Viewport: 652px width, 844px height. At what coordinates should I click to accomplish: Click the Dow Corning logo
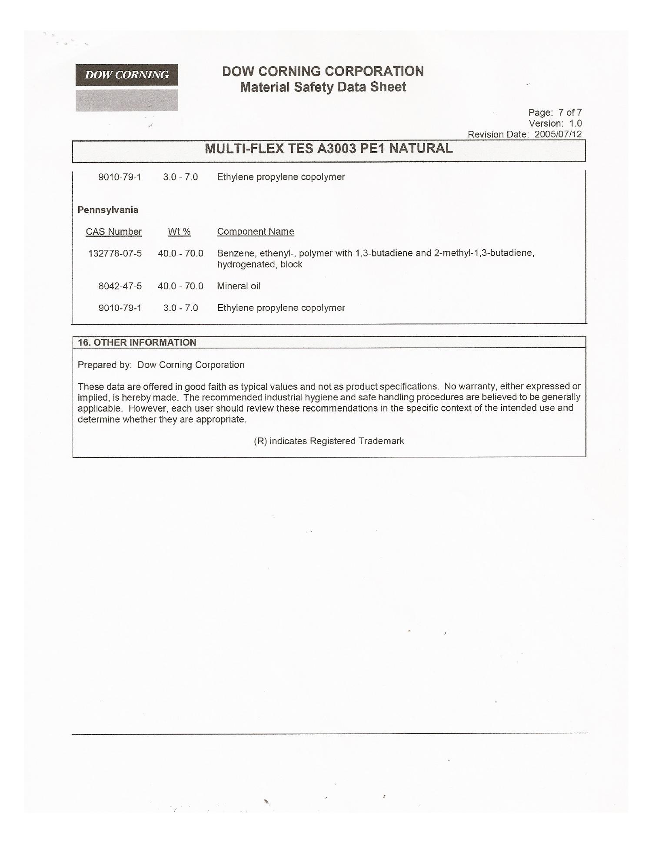(126, 75)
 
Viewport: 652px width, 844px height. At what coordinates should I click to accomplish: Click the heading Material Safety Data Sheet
(323, 87)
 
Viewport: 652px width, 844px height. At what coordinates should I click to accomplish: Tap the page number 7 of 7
(570, 113)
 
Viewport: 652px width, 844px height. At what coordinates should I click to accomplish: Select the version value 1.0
(575, 123)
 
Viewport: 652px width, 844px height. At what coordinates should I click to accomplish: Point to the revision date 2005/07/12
(558, 134)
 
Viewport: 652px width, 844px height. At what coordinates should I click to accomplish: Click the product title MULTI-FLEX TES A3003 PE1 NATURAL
(329, 149)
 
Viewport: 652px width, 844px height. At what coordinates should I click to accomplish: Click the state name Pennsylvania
(108, 210)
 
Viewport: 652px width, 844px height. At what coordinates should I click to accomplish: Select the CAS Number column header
(113, 232)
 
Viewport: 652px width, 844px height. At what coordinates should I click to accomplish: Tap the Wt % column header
(179, 232)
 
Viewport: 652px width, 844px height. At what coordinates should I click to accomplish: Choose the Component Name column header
(256, 232)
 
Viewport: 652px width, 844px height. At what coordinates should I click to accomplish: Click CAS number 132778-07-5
(115, 253)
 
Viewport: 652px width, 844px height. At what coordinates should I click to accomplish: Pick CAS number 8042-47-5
(120, 286)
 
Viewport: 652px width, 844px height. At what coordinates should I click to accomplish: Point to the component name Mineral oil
(239, 286)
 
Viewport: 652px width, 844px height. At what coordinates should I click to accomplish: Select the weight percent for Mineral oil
(180, 286)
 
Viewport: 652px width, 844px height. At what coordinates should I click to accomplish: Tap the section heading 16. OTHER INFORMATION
(137, 342)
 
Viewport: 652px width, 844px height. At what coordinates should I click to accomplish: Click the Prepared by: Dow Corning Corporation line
(161, 365)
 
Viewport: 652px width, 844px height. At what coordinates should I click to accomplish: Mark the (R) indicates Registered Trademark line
(329, 441)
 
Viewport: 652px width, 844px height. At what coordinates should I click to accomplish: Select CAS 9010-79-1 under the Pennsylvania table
(120, 308)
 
